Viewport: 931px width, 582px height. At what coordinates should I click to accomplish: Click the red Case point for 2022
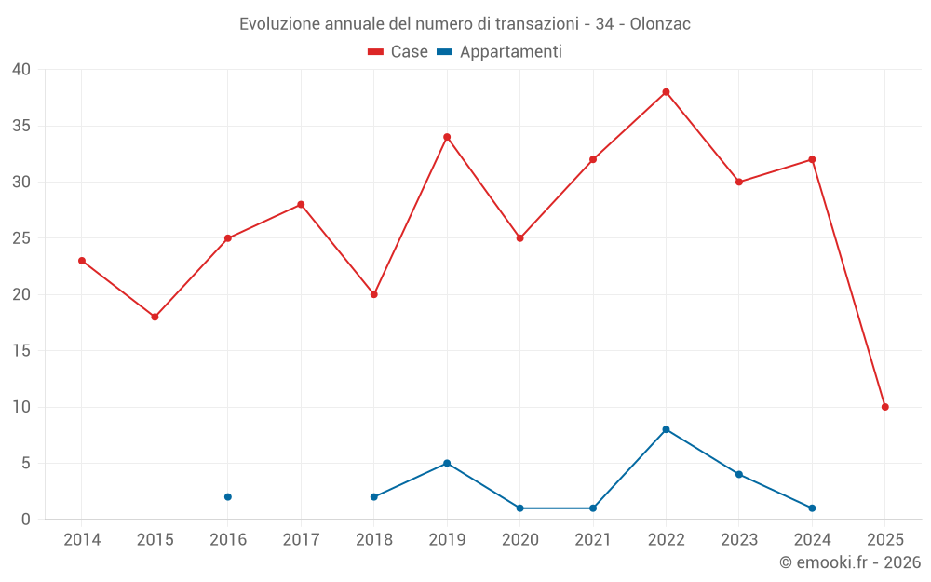point(666,92)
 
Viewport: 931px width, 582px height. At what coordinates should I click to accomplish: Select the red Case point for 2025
point(884,407)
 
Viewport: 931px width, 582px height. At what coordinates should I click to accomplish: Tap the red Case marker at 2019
point(447,137)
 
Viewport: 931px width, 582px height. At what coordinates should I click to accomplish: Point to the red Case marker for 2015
point(155,317)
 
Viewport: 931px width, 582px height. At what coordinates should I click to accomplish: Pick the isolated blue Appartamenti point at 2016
point(228,497)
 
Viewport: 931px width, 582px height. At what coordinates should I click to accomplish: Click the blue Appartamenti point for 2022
point(666,429)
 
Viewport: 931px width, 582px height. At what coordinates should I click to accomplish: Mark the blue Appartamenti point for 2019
point(447,463)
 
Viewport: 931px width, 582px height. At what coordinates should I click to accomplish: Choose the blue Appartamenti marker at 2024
point(812,508)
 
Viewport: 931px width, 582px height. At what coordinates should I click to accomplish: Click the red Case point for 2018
point(374,294)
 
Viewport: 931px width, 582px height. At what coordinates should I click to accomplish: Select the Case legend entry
point(398,52)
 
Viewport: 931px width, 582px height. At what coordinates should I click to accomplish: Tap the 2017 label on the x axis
point(301,539)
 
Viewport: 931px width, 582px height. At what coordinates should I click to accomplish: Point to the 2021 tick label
point(593,539)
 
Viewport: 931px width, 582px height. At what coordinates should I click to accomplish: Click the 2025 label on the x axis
point(884,539)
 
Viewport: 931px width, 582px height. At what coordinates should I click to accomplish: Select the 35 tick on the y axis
point(21,126)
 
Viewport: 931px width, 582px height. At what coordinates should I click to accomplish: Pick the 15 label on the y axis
point(21,351)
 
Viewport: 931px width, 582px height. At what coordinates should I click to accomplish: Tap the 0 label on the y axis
point(26,520)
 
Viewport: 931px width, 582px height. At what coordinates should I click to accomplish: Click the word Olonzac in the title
point(660,23)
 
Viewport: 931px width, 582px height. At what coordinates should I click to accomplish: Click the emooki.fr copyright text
point(849,562)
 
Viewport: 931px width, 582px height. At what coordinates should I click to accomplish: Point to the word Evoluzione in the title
point(277,23)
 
